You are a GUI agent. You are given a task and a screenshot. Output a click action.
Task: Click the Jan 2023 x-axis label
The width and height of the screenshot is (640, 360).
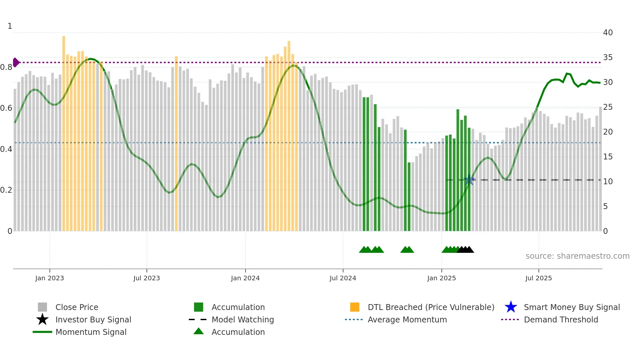point(50,278)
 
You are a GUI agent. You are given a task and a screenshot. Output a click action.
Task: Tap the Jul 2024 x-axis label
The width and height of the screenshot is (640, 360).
point(343,278)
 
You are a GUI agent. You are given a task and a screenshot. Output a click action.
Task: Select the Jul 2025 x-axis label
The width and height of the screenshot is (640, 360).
point(538,278)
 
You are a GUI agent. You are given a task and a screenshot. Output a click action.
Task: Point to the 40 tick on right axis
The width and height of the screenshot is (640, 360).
point(608,33)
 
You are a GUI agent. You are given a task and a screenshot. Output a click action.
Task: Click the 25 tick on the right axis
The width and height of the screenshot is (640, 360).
point(608,107)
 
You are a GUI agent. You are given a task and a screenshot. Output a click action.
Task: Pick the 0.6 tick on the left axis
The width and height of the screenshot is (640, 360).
point(6,108)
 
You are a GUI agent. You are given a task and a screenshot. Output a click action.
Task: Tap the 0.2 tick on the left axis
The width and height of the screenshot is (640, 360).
point(6,190)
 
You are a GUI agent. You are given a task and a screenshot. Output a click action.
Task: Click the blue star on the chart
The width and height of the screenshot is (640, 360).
point(469,180)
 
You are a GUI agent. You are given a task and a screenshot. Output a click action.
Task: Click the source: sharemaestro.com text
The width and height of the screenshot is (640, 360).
point(577,256)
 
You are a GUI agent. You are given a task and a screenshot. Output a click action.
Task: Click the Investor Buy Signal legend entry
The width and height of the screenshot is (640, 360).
point(93,319)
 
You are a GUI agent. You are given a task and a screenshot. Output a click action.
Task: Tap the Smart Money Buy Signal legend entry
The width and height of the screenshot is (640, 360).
point(571,307)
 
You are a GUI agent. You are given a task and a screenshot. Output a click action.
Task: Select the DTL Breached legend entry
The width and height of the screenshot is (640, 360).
point(431,307)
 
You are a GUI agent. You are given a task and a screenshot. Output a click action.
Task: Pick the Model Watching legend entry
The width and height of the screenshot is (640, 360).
point(242,319)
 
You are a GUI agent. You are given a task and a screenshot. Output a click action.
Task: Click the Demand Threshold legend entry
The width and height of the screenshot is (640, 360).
point(561,319)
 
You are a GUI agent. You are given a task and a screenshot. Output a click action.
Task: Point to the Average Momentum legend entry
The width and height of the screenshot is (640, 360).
point(407,319)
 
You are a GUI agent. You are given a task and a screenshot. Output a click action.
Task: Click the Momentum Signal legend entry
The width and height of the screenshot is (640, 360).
point(91,332)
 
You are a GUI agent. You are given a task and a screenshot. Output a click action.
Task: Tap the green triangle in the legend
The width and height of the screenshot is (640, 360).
point(199,332)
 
